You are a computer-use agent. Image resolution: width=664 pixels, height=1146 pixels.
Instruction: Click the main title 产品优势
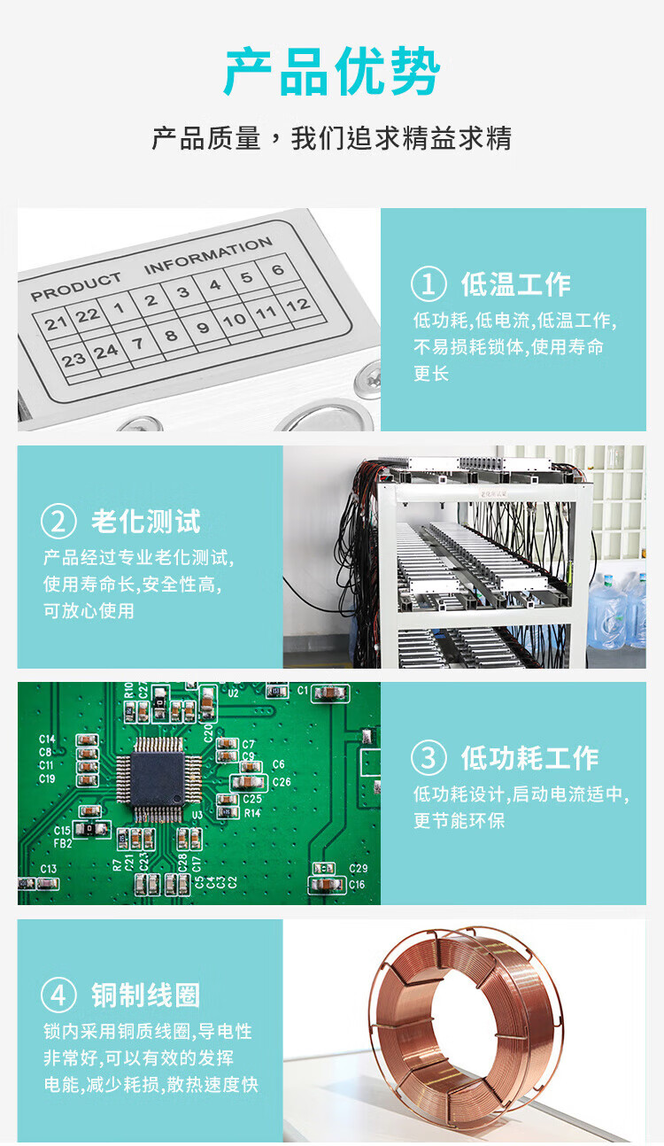[x=332, y=71]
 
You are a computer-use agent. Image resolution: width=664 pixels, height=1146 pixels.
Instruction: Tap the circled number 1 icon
[x=429, y=283]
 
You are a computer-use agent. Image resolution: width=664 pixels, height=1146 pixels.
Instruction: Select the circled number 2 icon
[x=58, y=521]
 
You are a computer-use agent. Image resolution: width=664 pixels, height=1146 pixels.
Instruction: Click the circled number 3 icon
[x=429, y=758]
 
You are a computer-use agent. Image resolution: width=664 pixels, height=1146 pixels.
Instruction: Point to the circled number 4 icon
[x=58, y=995]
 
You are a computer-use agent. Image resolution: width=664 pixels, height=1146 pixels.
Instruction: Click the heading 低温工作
[x=515, y=284]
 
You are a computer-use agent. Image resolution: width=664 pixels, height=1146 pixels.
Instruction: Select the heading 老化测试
[x=146, y=522]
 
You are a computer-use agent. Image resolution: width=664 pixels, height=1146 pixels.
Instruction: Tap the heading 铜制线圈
[x=146, y=995]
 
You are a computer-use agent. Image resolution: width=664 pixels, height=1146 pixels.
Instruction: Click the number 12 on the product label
[x=298, y=306]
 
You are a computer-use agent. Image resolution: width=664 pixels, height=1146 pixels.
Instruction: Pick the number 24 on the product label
[x=106, y=352]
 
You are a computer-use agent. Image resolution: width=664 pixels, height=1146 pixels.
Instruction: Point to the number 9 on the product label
[x=203, y=328]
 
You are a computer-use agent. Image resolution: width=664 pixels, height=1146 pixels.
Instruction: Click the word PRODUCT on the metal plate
[x=76, y=287]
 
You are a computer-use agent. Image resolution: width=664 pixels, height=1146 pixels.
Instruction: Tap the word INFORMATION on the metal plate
[x=208, y=255]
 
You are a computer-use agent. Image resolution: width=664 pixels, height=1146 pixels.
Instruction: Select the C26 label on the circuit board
[x=282, y=782]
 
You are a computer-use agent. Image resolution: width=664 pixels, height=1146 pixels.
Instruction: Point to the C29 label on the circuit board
[x=358, y=868]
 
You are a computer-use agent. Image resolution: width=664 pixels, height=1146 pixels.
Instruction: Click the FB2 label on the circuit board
[x=63, y=843]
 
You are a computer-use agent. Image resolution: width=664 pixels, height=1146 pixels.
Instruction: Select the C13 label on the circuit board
[x=49, y=869]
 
